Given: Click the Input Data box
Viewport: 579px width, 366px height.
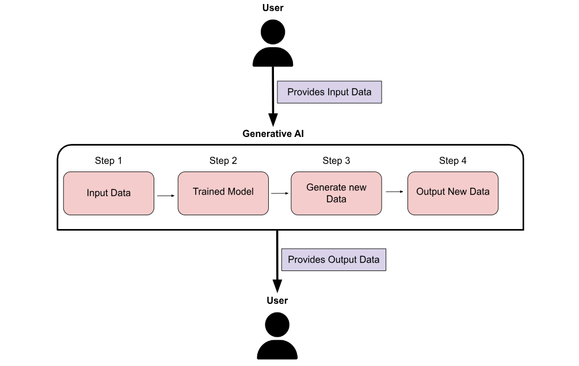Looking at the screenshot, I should (109, 193).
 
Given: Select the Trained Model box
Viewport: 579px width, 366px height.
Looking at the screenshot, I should (223, 192).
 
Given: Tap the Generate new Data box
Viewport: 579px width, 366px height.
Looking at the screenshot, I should (336, 193).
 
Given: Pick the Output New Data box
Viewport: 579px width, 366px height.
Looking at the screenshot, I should (452, 192).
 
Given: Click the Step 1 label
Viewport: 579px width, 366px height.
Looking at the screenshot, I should (108, 161).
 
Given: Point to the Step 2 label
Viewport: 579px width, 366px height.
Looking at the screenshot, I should (223, 161).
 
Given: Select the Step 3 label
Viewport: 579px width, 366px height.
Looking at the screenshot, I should (336, 161).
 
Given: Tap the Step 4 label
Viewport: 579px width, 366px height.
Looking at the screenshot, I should (452, 161).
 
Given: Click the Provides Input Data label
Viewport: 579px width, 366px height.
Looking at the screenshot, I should (329, 92).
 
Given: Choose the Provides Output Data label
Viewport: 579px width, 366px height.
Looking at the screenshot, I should (333, 260).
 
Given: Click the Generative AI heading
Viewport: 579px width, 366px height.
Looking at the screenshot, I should (273, 134).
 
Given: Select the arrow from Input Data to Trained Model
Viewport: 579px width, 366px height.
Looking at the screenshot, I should (166, 196).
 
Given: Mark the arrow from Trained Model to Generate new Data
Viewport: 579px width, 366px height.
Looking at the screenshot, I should (280, 194).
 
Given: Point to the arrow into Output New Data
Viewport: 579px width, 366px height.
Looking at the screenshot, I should (395, 192).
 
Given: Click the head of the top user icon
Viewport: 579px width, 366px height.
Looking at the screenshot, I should (273, 32).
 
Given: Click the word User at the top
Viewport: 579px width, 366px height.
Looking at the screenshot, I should (273, 8).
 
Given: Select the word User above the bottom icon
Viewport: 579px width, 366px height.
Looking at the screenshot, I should (277, 300).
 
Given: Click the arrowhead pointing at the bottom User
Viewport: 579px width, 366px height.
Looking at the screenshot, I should (277, 286).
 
